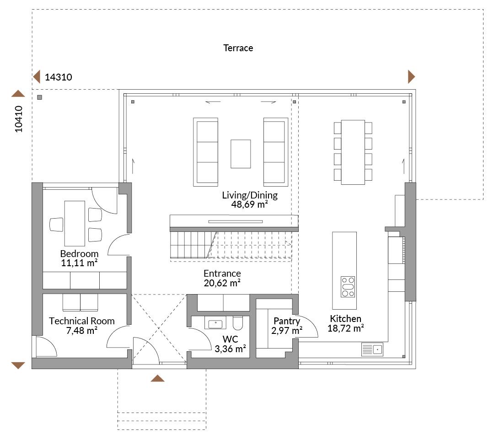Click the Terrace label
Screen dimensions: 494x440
click(238, 48)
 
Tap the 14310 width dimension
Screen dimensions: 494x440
click(58, 77)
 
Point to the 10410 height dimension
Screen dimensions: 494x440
click(19, 119)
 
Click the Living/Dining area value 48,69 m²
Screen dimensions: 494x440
click(250, 204)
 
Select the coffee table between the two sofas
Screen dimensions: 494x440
click(241, 154)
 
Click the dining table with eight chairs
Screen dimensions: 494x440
click(353, 152)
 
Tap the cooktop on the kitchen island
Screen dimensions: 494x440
click(348, 287)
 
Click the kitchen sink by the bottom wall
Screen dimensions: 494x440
click(372, 349)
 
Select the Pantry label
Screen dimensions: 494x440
click(287, 321)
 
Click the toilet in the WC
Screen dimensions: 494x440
click(238, 323)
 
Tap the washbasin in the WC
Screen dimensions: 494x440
click(215, 323)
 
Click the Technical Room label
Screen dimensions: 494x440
click(81, 321)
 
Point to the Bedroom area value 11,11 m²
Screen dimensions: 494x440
click(79, 263)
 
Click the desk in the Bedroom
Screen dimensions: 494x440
click(75, 223)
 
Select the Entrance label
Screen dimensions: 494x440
click(222, 274)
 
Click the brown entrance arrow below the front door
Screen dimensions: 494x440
click(157, 378)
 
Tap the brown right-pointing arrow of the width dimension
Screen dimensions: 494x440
click(412, 77)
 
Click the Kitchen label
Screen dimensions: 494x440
click(346, 319)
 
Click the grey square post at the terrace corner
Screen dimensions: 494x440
click(39, 97)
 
